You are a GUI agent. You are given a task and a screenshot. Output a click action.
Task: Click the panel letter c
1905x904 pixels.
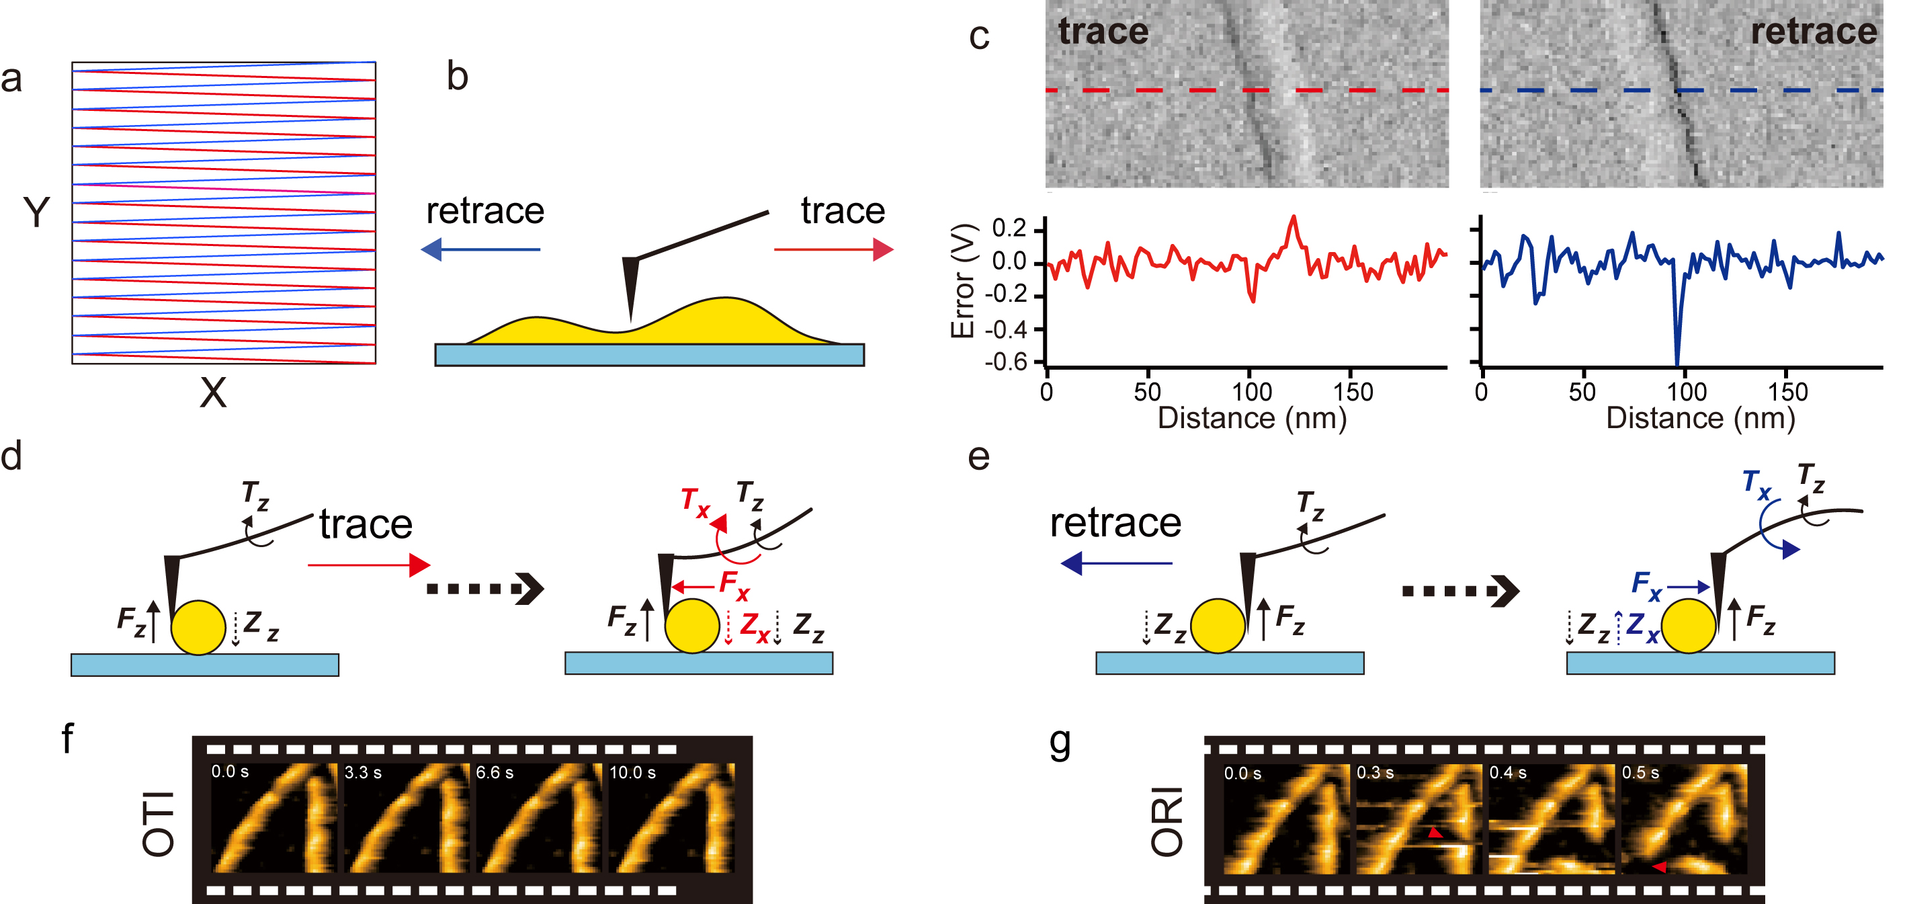pos(979,37)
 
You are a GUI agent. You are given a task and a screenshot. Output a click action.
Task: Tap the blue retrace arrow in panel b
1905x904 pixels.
pos(480,249)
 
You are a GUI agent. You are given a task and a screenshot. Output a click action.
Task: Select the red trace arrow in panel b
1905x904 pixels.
pos(834,249)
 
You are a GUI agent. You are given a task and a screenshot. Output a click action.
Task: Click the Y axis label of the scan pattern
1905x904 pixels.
pos(36,212)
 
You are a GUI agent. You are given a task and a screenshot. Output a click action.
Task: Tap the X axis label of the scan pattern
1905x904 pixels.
pos(213,393)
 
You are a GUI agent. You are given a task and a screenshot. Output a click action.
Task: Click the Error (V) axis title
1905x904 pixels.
pos(962,281)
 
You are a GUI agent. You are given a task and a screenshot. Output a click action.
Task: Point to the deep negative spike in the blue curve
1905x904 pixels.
pos(1677,362)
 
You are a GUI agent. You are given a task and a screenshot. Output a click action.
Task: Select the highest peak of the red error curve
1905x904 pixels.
pos(1294,216)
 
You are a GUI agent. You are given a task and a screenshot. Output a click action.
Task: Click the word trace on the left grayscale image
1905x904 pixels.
pos(1103,32)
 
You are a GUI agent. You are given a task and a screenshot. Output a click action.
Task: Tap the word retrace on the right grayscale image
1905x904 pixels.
pos(1814,32)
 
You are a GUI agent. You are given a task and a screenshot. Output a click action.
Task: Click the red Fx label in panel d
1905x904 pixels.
pos(734,586)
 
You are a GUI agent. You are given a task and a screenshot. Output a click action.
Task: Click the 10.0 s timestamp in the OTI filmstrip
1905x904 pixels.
pos(632,772)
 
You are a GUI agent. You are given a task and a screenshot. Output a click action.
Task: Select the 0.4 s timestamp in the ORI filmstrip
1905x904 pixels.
pos(1508,773)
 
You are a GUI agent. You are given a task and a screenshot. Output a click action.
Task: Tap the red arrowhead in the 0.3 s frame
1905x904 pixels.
pos(1435,833)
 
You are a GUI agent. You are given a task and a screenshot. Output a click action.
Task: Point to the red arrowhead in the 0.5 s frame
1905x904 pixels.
pos(1660,867)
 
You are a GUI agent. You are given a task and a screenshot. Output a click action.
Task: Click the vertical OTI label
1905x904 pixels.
pos(159,824)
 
